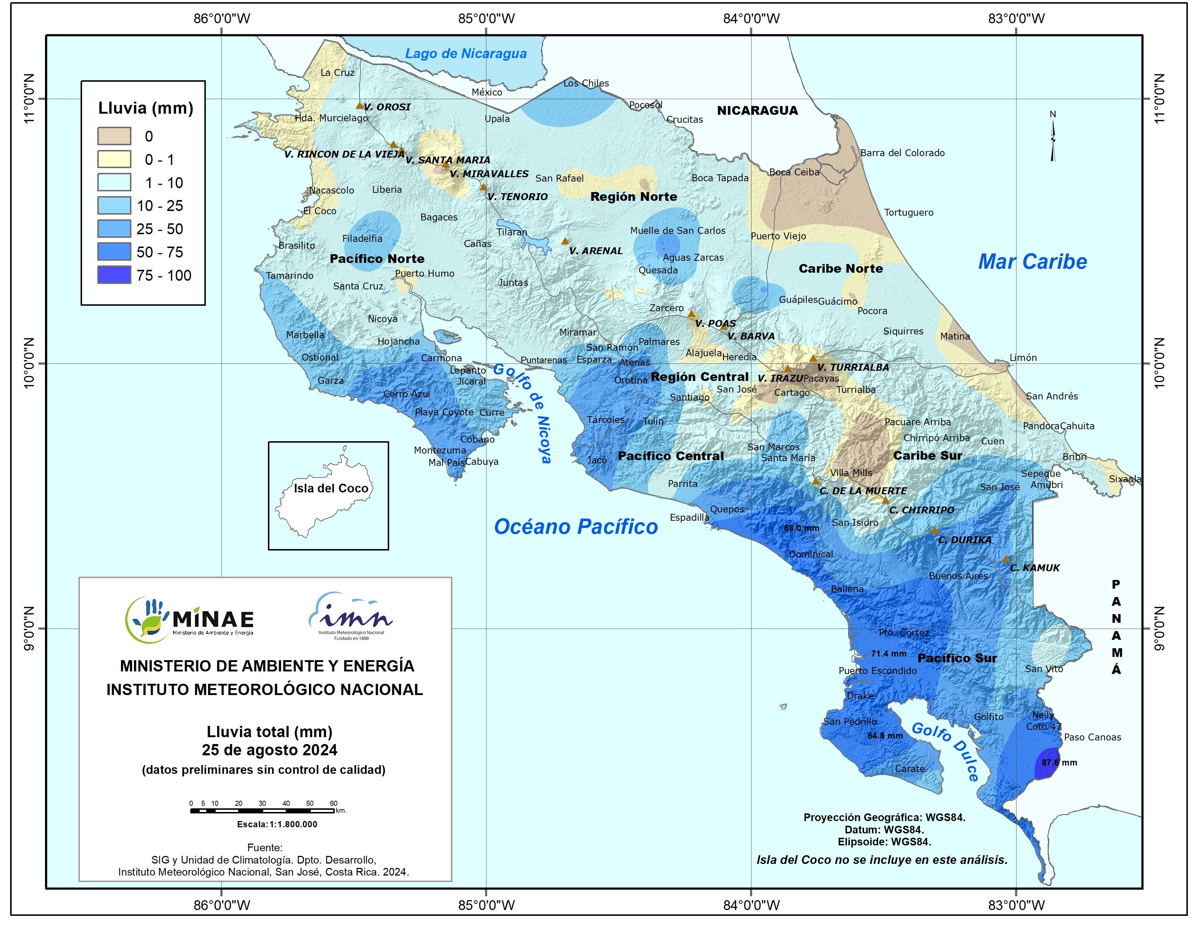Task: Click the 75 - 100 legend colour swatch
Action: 114,275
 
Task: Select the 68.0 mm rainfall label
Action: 802,528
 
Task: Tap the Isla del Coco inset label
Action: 331,488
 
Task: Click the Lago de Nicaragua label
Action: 466,53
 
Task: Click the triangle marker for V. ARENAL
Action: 565,241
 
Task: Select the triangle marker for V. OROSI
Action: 360,105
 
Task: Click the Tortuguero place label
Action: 908,212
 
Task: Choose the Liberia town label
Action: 387,189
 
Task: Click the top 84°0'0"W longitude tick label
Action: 751,18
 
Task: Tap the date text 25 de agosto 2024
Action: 269,750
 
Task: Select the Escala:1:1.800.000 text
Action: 277,824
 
